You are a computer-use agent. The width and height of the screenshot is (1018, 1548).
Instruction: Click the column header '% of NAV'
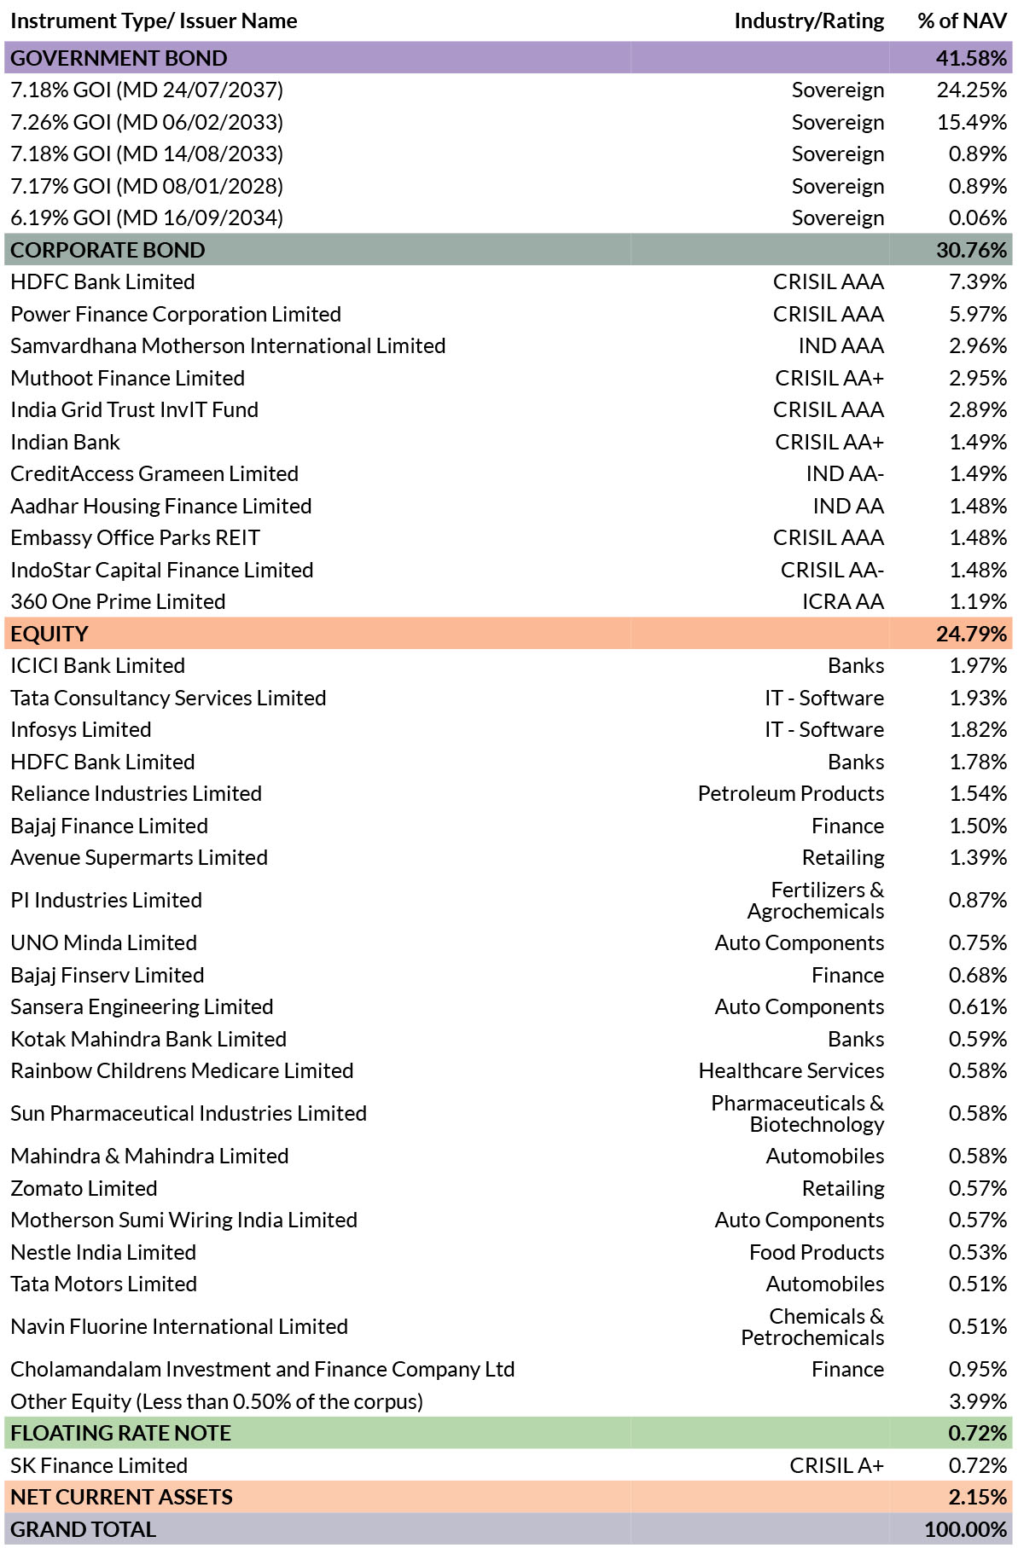[962, 21]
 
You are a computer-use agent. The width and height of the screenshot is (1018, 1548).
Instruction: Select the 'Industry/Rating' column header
[809, 21]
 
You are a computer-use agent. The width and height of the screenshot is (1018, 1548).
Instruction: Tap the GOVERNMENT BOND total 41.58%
[971, 58]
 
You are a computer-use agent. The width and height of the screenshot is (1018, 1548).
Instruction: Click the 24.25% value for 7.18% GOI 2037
[972, 90]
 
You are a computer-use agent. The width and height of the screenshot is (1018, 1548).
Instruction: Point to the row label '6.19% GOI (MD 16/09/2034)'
[147, 218]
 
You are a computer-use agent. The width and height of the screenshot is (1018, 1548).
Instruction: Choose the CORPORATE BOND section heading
[108, 250]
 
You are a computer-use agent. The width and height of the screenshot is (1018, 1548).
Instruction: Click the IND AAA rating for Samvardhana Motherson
[841, 346]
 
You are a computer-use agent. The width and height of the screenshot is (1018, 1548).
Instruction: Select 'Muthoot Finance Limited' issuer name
[128, 378]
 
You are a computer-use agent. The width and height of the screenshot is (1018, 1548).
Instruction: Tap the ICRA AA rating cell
[843, 602]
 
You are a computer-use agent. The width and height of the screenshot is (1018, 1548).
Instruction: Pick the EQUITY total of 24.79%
[971, 634]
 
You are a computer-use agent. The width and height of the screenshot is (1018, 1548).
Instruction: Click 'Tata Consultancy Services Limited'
[168, 698]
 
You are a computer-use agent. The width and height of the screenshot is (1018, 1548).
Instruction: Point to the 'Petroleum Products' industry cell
[791, 794]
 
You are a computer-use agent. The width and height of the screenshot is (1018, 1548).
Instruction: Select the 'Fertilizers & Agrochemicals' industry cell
[816, 901]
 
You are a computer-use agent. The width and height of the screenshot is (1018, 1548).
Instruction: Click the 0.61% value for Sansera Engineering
[978, 1007]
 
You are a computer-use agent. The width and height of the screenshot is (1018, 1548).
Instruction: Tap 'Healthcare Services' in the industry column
[791, 1071]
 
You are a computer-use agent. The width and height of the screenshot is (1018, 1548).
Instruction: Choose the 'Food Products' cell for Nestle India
[817, 1252]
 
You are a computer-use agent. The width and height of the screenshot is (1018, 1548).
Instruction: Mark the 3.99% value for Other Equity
[978, 1401]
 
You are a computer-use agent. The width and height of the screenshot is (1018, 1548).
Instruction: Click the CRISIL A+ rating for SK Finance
[837, 1465]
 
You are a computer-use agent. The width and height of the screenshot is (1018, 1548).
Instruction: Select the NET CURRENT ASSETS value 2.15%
[978, 1497]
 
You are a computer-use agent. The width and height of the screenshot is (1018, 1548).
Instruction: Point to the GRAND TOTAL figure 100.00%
[966, 1529]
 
